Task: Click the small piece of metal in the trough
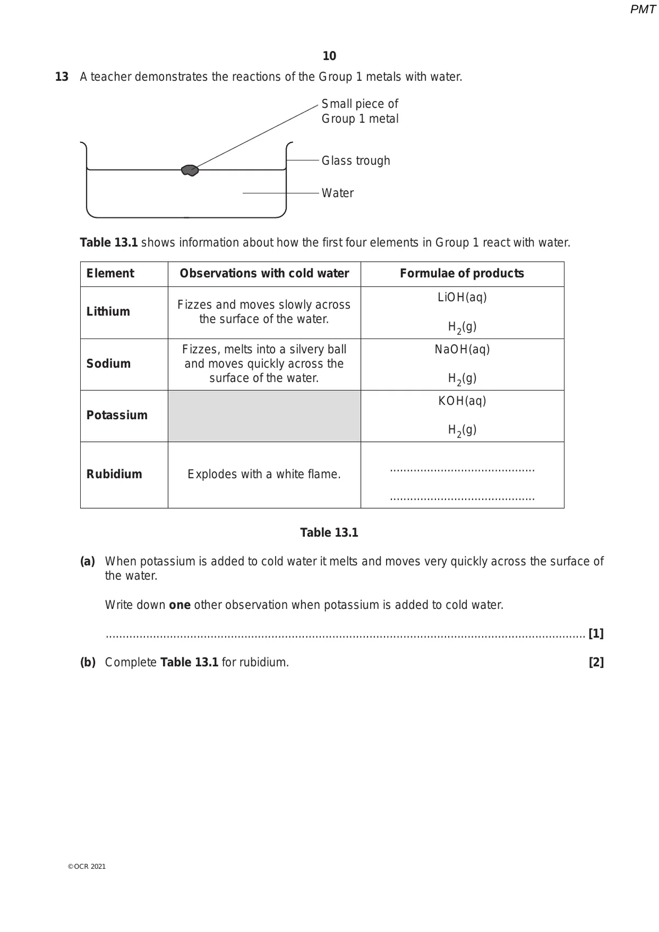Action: coord(190,170)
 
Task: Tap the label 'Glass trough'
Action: coord(355,160)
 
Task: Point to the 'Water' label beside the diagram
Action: coord(337,193)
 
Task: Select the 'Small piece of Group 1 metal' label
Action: coord(360,111)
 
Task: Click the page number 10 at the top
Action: coord(329,56)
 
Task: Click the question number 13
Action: coord(62,77)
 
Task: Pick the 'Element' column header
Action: coord(110,274)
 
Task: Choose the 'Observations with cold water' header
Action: coord(264,274)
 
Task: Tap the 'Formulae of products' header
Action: coord(462,274)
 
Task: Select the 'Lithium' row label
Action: coord(108,312)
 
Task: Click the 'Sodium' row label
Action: coord(108,364)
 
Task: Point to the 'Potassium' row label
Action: coord(117,415)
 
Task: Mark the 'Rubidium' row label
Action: coord(114,474)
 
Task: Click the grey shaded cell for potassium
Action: coord(264,416)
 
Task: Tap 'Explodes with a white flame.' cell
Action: coord(264,474)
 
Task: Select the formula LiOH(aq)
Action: coord(462,297)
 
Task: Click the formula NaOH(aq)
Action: coord(462,349)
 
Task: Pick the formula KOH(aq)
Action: coord(462,401)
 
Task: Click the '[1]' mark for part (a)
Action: coord(596,634)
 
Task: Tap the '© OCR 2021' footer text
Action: coord(87,867)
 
